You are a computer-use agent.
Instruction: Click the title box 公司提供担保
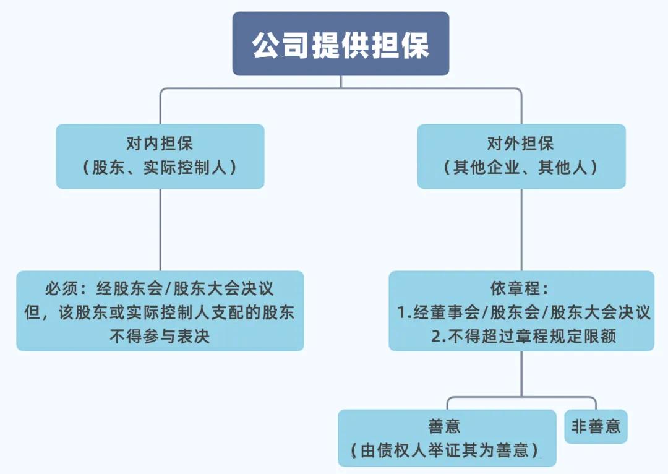point(340,45)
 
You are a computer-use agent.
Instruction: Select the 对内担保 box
point(160,156)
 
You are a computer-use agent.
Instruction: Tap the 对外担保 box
point(521,156)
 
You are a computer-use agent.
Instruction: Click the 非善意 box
point(596,426)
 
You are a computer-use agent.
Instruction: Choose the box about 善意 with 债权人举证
point(447,437)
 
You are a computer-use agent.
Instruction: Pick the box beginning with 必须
point(160,311)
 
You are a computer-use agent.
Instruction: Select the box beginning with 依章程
point(521,311)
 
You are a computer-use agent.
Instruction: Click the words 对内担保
point(160,144)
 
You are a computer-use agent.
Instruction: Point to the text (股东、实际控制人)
point(160,168)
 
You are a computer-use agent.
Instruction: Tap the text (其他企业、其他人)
point(521,168)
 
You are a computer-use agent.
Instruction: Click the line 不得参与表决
point(160,336)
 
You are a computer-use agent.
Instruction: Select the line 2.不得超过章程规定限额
point(523,336)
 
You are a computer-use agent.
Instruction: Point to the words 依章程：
point(520,289)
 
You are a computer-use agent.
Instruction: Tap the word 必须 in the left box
point(60,289)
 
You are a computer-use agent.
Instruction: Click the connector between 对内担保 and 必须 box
point(160,229)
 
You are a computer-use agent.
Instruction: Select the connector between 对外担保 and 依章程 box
point(521,229)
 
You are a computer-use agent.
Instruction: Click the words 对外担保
point(521,144)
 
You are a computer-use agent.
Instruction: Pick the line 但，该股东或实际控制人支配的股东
point(160,312)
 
